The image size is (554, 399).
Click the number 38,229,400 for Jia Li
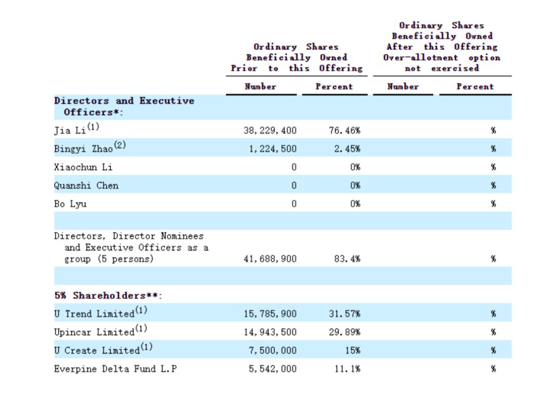270,130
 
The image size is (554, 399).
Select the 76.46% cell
344,130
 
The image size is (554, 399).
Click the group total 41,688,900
270,259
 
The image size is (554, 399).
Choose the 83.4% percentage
347,259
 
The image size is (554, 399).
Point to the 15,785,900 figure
270,314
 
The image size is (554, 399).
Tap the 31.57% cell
344,314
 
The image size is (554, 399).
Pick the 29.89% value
344,332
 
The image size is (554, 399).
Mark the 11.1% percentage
347,369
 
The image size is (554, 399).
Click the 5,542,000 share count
272,369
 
